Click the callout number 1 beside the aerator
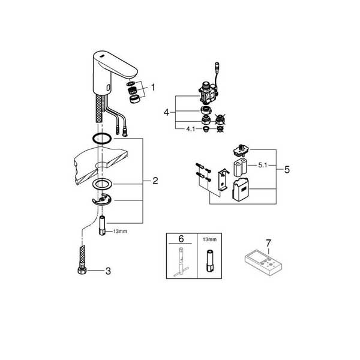coord(153,88)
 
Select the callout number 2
coord(155,181)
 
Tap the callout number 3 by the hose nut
coord(108,271)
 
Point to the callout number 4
coord(166,113)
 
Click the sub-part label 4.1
coord(191,129)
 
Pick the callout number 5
coord(287,170)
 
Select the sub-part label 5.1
coord(263,165)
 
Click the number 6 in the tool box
coord(181,239)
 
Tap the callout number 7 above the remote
coord(268,243)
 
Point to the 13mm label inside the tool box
coord(209,239)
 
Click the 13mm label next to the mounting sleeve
coord(120,232)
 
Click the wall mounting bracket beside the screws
coord(222,179)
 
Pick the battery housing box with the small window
coord(240,190)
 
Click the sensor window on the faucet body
coord(107,87)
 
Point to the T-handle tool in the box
coord(181,262)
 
